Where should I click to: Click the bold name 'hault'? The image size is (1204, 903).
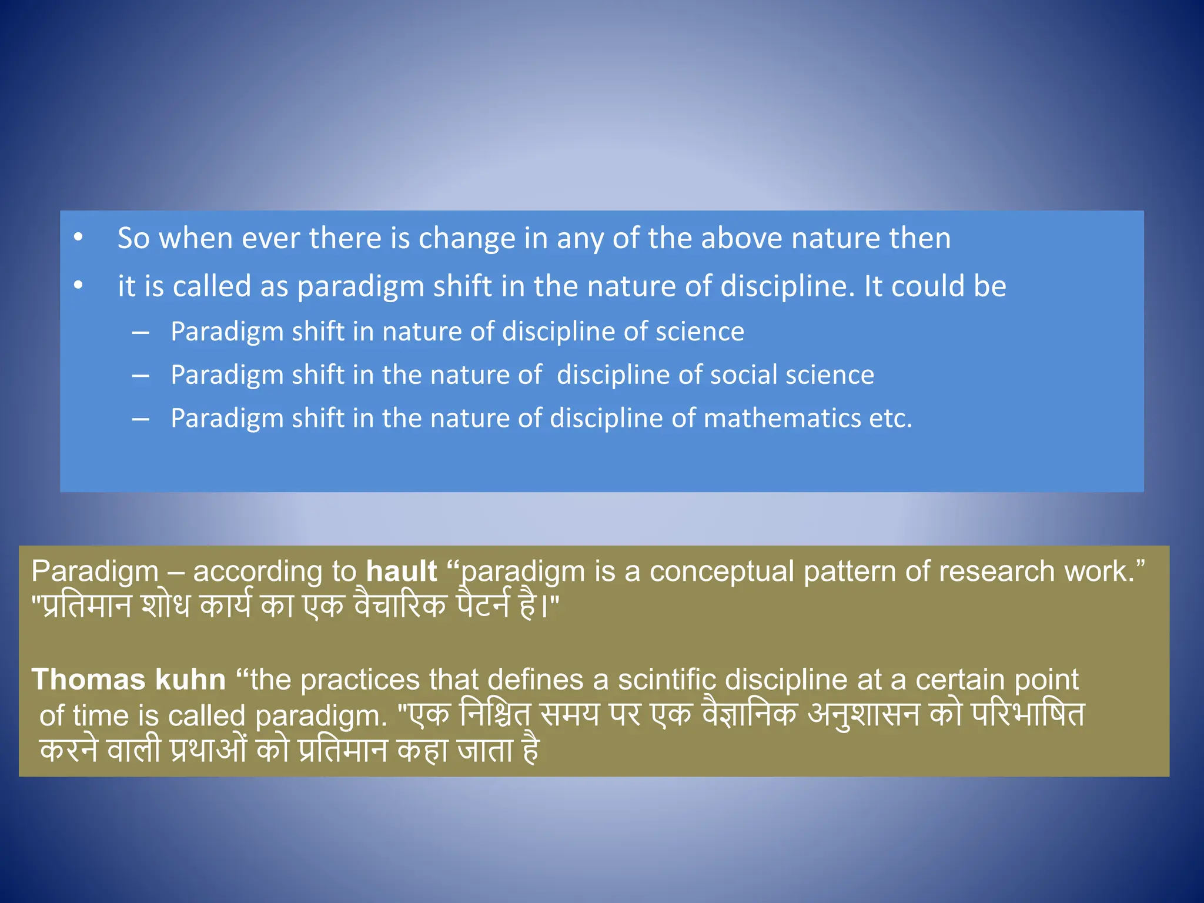point(402,571)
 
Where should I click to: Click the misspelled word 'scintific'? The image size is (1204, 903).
point(667,680)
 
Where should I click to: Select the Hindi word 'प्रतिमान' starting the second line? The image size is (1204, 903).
point(82,606)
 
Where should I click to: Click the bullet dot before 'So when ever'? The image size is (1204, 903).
point(78,238)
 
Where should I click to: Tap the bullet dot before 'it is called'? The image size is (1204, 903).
point(78,286)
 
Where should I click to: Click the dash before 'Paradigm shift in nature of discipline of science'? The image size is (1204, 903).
point(141,332)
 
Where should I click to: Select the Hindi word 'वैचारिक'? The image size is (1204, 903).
point(400,606)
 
